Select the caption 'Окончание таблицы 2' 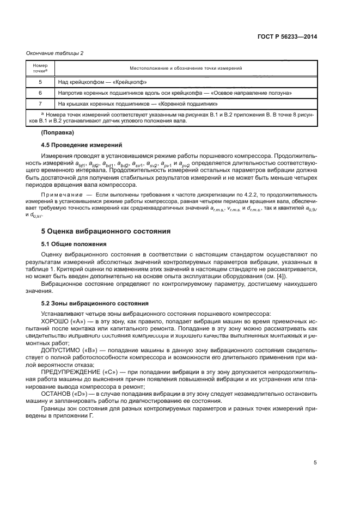coord(54,53)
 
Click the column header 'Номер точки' coord(40,68)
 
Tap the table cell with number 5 coord(40,82)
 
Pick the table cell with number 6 coord(40,93)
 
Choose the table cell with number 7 coord(40,103)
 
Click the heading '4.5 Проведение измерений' coord(82,144)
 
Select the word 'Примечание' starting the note coord(59,194)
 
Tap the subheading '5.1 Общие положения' coord(74,243)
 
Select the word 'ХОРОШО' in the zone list coord(57,322)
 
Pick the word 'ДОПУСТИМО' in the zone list coord(61,349)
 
